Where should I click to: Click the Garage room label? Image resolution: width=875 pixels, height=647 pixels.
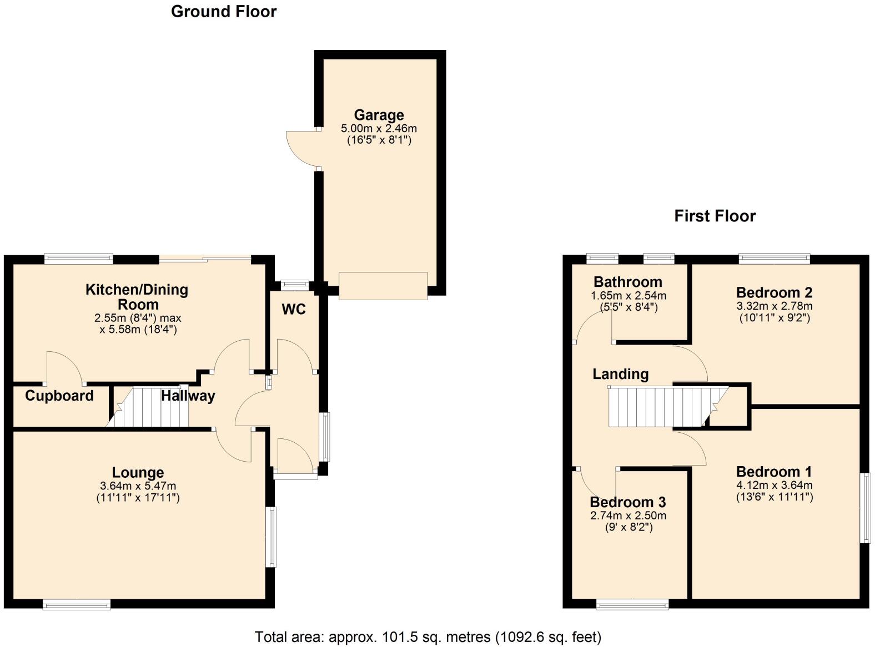pos(379,115)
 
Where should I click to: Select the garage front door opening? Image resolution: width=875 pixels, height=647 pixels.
pos(383,286)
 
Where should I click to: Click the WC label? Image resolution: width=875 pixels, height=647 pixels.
pos(294,309)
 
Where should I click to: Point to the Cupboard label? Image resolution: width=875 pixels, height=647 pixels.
pos(59,396)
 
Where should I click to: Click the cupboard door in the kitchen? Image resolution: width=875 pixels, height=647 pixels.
pos(64,368)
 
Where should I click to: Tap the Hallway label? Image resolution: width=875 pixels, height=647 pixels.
pos(188,396)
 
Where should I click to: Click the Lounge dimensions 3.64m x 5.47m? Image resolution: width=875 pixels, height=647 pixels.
pos(138,486)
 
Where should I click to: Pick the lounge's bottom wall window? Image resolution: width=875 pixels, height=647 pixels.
pos(77,605)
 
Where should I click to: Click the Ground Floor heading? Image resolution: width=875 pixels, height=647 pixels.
pos(223,12)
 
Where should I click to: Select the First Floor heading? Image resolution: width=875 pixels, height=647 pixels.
pos(715,216)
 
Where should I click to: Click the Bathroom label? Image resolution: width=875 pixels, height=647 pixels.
pos(627,282)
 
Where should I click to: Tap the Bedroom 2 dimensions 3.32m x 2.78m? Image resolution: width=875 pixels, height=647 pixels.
pos(774,306)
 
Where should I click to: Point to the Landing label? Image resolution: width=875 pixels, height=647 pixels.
pos(620,374)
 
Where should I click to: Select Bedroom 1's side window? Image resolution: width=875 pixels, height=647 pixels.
pos(865,508)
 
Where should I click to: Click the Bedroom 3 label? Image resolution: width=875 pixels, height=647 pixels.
pos(627,502)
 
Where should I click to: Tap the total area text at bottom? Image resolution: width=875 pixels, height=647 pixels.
pos(428,636)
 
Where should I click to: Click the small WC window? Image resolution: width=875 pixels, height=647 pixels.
pos(295,285)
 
